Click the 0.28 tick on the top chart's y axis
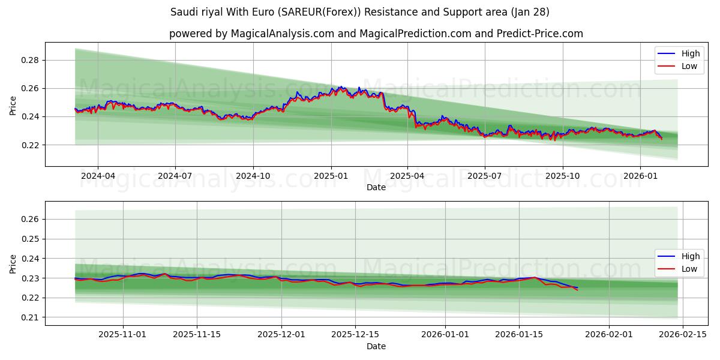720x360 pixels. (x=31, y=60)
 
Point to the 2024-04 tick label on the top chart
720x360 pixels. (x=98, y=176)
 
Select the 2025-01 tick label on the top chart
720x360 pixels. (x=331, y=176)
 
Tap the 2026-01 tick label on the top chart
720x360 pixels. (x=640, y=176)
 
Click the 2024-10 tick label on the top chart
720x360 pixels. (x=253, y=176)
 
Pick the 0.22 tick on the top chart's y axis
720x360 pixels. (x=31, y=145)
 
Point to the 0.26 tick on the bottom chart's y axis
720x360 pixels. (x=31, y=220)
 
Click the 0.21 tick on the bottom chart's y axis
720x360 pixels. (x=31, y=317)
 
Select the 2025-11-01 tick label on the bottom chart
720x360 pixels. (x=122, y=335)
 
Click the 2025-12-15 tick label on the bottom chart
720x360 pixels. (x=355, y=335)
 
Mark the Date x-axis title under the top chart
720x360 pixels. (x=376, y=187)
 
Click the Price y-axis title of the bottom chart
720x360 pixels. (x=13, y=264)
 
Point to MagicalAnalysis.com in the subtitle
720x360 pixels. (x=282, y=34)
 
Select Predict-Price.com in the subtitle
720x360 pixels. (x=540, y=34)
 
